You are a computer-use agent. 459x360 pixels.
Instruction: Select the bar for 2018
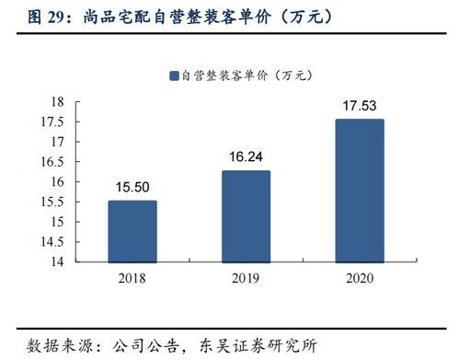tap(132, 231)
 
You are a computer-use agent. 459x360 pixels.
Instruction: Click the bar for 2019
tap(246, 216)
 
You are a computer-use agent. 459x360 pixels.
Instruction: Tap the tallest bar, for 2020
tap(359, 191)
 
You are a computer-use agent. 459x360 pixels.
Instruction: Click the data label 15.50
tap(132, 188)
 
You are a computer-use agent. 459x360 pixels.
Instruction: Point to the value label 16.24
tap(246, 157)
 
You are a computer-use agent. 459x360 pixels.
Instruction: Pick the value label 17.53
tap(359, 106)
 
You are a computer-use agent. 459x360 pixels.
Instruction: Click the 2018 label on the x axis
tap(132, 277)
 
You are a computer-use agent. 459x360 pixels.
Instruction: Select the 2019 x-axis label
tap(246, 277)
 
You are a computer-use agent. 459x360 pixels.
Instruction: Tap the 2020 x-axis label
tap(359, 277)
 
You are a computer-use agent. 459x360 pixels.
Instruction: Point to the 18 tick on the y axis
tap(56, 101)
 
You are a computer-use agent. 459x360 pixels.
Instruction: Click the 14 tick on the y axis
tap(56, 261)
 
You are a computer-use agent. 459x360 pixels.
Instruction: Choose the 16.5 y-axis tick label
tap(52, 161)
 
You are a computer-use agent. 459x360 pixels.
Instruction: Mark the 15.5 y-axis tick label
tap(52, 202)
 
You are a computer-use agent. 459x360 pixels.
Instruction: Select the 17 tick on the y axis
tap(56, 142)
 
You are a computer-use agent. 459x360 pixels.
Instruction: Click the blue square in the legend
tap(172, 75)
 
